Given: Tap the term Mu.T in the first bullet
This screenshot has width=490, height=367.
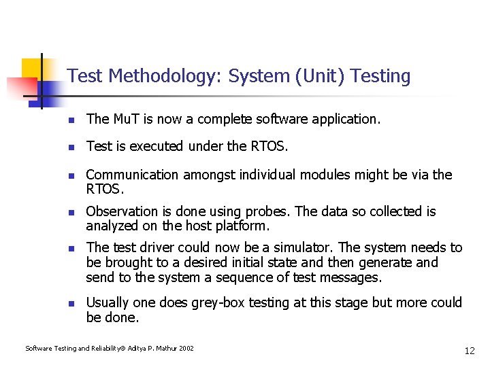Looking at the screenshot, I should tap(127, 119).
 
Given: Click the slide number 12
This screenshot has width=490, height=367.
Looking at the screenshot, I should tap(470, 351).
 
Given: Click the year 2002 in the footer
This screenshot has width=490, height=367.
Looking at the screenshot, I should tap(186, 349).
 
